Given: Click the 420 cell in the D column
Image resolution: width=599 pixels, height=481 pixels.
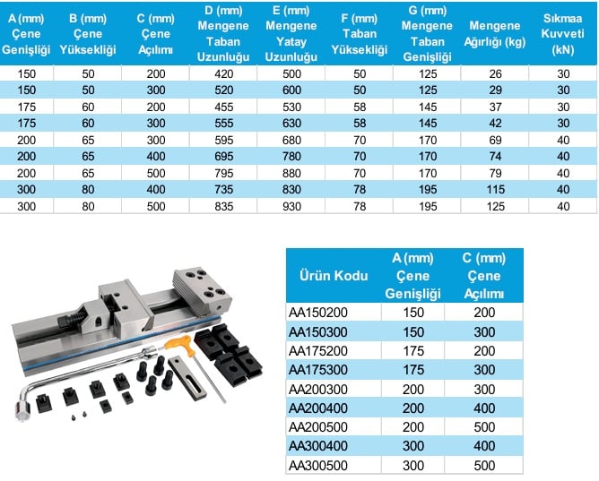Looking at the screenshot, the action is click(x=223, y=73).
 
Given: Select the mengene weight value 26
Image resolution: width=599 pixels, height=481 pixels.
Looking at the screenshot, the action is click(x=495, y=73).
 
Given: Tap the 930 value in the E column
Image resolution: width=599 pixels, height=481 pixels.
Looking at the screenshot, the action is click(x=291, y=206).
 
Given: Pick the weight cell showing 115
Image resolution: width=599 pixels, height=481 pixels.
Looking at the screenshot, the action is click(x=495, y=190).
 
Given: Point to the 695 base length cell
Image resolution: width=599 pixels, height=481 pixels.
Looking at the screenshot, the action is click(x=223, y=157).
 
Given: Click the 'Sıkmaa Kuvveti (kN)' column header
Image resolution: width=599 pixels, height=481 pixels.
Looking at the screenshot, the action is click(x=562, y=34).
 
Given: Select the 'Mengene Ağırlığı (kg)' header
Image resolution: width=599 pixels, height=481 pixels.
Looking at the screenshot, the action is click(x=494, y=34).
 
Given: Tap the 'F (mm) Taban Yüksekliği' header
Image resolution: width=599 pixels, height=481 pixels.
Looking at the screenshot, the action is click(x=359, y=34).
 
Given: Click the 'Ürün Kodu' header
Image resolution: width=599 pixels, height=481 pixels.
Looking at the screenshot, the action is click(x=334, y=275).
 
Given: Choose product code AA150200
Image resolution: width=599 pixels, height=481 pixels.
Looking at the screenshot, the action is click(x=317, y=313).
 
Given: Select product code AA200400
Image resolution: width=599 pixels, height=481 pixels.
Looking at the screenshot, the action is click(x=317, y=408).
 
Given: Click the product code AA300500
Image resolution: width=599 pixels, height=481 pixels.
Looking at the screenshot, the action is click(x=317, y=466).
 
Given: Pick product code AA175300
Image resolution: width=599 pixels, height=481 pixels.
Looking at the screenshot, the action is click(x=317, y=370).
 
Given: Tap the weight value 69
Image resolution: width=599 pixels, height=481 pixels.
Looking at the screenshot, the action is click(x=495, y=140).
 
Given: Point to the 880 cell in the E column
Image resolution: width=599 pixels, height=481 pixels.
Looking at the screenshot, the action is click(x=291, y=173).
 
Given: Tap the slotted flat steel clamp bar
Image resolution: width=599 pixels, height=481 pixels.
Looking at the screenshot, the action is click(x=187, y=379).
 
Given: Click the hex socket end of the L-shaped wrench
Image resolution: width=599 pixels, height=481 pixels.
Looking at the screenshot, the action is click(x=22, y=411).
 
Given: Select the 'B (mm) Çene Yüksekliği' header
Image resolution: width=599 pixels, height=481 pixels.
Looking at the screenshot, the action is click(x=88, y=34).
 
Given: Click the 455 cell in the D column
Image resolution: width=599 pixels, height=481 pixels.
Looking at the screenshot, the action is click(x=223, y=107).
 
